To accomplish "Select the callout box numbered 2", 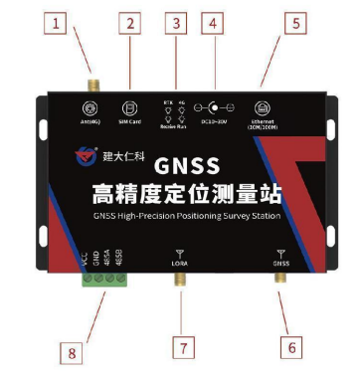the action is [128, 22].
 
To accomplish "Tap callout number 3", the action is [176, 22].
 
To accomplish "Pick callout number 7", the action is [179, 347].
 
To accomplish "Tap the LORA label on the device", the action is [179, 264].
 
